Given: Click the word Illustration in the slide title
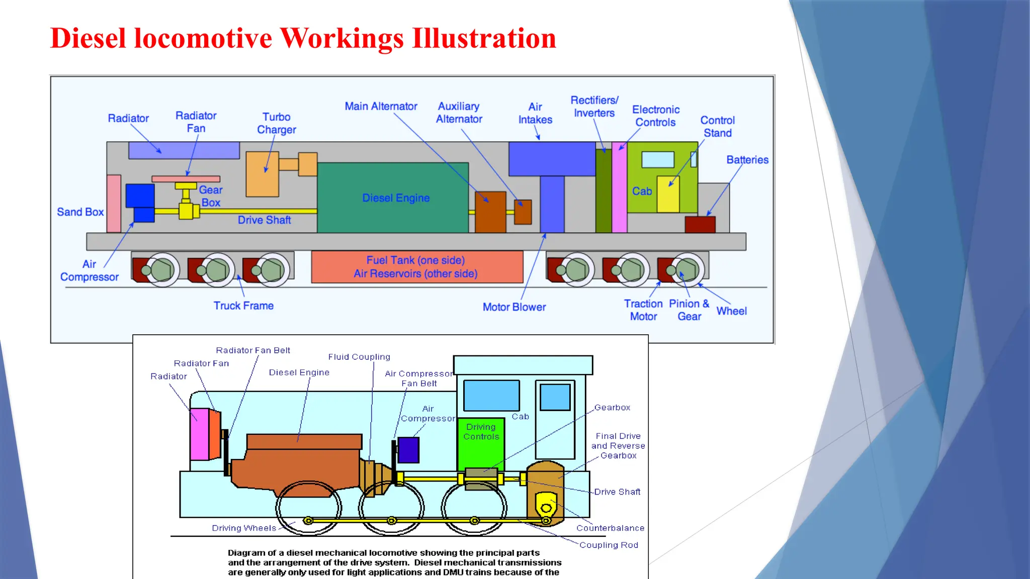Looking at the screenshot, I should click(484, 38).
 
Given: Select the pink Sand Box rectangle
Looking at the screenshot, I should click(114, 204).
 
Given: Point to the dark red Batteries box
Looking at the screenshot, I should click(700, 224).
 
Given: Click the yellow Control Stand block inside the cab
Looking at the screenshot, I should click(668, 194).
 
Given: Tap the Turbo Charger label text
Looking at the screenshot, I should click(276, 123).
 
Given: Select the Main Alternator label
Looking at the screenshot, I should click(381, 107).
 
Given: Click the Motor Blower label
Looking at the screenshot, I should click(514, 307).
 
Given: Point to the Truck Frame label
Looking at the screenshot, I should click(243, 306).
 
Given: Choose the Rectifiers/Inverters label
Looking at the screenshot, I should click(594, 107).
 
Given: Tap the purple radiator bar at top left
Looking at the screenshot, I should click(184, 150).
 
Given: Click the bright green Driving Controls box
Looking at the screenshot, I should click(480, 442).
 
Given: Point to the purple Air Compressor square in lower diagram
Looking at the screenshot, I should click(408, 450).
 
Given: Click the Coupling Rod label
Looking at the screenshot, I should click(609, 545).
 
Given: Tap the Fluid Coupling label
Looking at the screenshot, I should click(359, 357).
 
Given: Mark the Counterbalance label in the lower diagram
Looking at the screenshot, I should click(610, 528).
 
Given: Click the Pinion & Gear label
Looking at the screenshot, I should click(689, 310).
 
